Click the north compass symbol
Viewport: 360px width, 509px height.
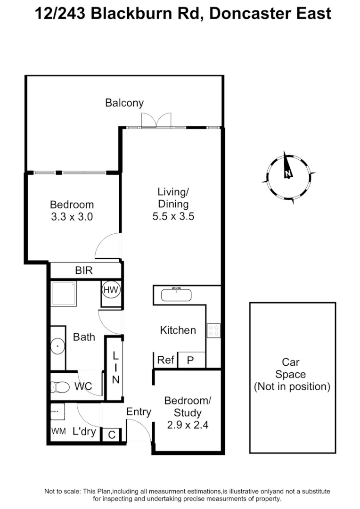point(287,176)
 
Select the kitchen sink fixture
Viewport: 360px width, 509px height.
point(176,295)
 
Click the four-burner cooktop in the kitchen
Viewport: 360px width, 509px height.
point(213,330)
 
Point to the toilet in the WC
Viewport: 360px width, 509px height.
point(60,387)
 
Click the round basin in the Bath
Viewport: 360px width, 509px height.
point(58,346)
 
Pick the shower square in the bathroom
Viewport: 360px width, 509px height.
point(64,294)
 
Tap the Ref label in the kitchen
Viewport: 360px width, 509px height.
point(166,360)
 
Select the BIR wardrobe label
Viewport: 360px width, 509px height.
point(84,271)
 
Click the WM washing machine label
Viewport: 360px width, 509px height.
point(58,431)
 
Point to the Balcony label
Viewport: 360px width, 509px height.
point(124,103)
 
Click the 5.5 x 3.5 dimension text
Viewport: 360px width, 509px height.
point(173,217)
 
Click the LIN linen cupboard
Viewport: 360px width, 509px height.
point(115,368)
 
